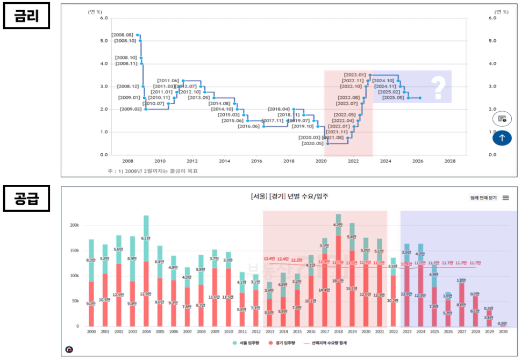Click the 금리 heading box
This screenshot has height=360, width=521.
point(27,18)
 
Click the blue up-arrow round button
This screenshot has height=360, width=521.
point(501,138)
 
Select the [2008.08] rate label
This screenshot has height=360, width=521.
point(122,35)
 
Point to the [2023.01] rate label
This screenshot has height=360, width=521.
point(355,75)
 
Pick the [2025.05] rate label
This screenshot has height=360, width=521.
point(394,98)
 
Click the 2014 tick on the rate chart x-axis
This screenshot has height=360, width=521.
point(224,161)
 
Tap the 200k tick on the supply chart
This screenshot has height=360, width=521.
point(75,226)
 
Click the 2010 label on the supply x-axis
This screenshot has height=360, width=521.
point(228,333)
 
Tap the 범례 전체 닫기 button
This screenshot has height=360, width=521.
point(483,198)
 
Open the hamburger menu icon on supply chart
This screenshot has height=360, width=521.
point(505,198)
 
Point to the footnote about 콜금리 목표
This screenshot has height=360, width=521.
point(148,171)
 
